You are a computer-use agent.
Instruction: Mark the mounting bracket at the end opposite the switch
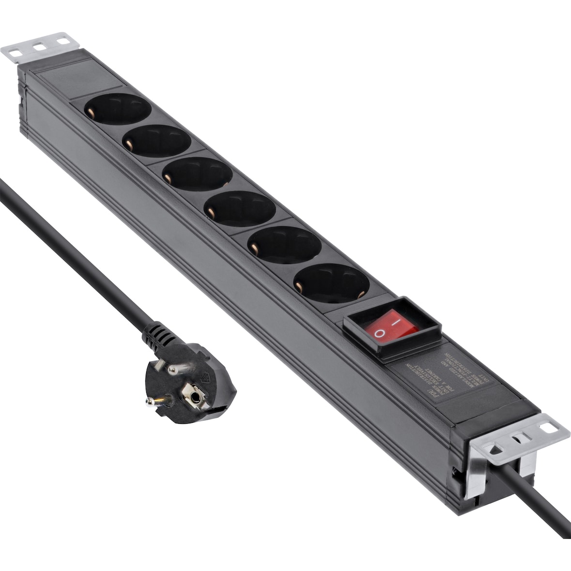click(x=39, y=46)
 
